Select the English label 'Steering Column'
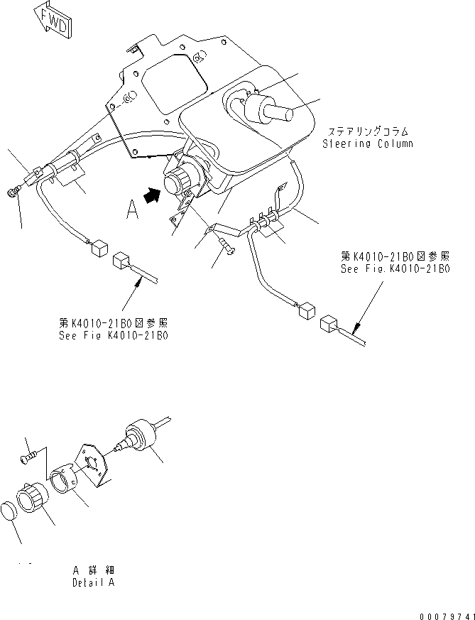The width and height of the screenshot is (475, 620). (367, 143)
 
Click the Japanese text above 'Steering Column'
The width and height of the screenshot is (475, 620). (367, 131)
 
